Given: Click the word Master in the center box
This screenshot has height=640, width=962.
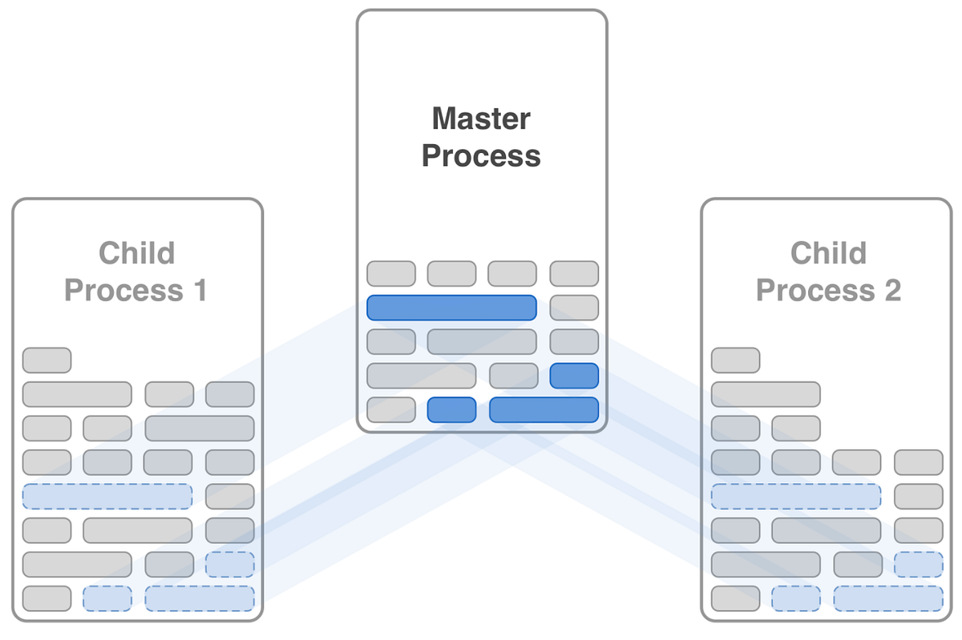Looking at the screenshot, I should click(481, 119).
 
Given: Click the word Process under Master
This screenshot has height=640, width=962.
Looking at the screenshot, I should click(481, 155).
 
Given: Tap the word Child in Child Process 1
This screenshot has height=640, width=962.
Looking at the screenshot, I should click(136, 253).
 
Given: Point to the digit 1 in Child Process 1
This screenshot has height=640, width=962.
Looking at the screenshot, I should click(198, 290).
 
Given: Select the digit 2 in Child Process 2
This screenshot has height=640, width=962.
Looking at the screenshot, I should click(891, 290).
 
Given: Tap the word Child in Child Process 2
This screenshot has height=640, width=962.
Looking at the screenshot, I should click(828, 253).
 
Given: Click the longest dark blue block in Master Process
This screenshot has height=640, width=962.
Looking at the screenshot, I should click(451, 308).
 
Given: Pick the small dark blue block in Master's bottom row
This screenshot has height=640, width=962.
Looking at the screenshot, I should click(451, 409).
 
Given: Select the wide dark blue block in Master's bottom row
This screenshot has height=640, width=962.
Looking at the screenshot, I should click(544, 409).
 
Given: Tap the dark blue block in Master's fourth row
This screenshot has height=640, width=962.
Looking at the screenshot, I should click(574, 376).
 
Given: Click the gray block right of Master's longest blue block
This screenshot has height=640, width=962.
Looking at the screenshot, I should click(574, 308).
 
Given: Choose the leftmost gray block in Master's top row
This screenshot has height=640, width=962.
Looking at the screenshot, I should click(391, 274).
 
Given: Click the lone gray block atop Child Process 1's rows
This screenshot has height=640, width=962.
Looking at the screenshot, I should click(46, 360).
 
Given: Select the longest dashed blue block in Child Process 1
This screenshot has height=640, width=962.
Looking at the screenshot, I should click(107, 497).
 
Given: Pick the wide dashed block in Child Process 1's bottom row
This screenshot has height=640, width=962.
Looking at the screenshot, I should click(200, 598).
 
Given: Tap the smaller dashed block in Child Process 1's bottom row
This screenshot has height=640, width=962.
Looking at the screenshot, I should click(107, 598).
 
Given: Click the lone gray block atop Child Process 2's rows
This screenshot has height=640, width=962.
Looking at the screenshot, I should click(735, 360).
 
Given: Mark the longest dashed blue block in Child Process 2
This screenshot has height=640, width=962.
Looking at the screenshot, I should click(796, 497).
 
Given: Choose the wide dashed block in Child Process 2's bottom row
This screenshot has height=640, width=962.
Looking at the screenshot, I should click(888, 598).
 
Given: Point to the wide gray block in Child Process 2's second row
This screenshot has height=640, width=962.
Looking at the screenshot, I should click(766, 394).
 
